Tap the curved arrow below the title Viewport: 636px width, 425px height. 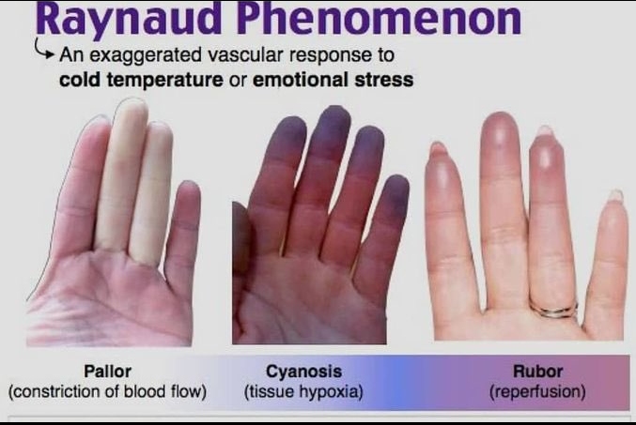(x=44, y=49)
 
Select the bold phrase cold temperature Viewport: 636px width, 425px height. (x=141, y=80)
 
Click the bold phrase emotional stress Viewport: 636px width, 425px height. (x=333, y=79)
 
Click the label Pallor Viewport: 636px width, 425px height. (x=107, y=372)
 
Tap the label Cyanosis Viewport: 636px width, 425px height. (x=303, y=372)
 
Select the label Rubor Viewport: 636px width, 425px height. (x=538, y=372)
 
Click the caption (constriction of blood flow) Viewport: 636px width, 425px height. (x=107, y=392)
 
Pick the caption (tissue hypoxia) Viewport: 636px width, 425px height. (x=303, y=392)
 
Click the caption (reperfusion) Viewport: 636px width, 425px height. (x=538, y=392)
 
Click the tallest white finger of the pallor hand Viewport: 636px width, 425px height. (x=122, y=175)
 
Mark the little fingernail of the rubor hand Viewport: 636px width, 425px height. (x=616, y=195)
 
